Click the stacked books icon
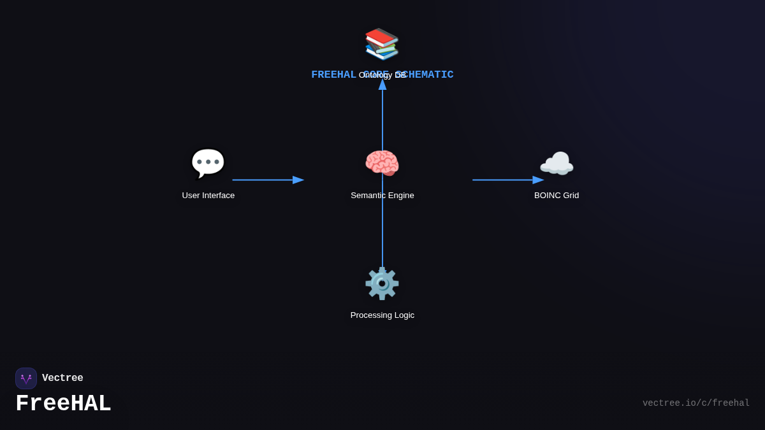382,43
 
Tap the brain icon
382,163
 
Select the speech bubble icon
208,163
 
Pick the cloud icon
557,164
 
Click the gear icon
382,283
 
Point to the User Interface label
208,196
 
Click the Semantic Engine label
382,196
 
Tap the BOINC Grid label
557,196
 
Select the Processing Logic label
382,315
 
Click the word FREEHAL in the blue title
333,75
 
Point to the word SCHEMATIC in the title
427,75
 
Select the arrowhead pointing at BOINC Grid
539,180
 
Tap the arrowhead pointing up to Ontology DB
382,84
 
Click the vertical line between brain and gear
382,223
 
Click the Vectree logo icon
26,378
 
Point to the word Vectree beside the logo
62,378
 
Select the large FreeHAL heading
63,404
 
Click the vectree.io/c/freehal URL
696,403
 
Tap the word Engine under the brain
399,196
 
